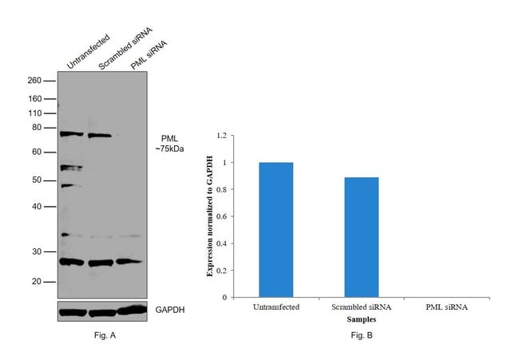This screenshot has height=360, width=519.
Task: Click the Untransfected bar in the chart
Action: coord(275,230)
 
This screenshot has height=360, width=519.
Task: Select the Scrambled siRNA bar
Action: coord(361,237)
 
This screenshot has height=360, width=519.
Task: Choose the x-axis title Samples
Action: coord(361,318)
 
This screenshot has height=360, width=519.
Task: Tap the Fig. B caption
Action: coord(360,335)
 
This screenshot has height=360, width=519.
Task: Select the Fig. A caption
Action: coord(104,335)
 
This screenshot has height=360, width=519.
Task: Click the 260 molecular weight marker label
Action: coord(34,81)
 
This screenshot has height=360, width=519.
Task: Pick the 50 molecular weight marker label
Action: coord(38,180)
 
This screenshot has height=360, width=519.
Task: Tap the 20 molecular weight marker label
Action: coord(38,282)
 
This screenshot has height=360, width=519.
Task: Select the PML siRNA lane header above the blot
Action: coord(148,53)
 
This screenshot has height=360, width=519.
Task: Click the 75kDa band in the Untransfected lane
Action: coord(72,134)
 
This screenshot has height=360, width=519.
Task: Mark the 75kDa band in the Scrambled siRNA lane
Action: coord(100,135)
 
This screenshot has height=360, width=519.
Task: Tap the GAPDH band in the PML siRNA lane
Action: coord(132,310)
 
